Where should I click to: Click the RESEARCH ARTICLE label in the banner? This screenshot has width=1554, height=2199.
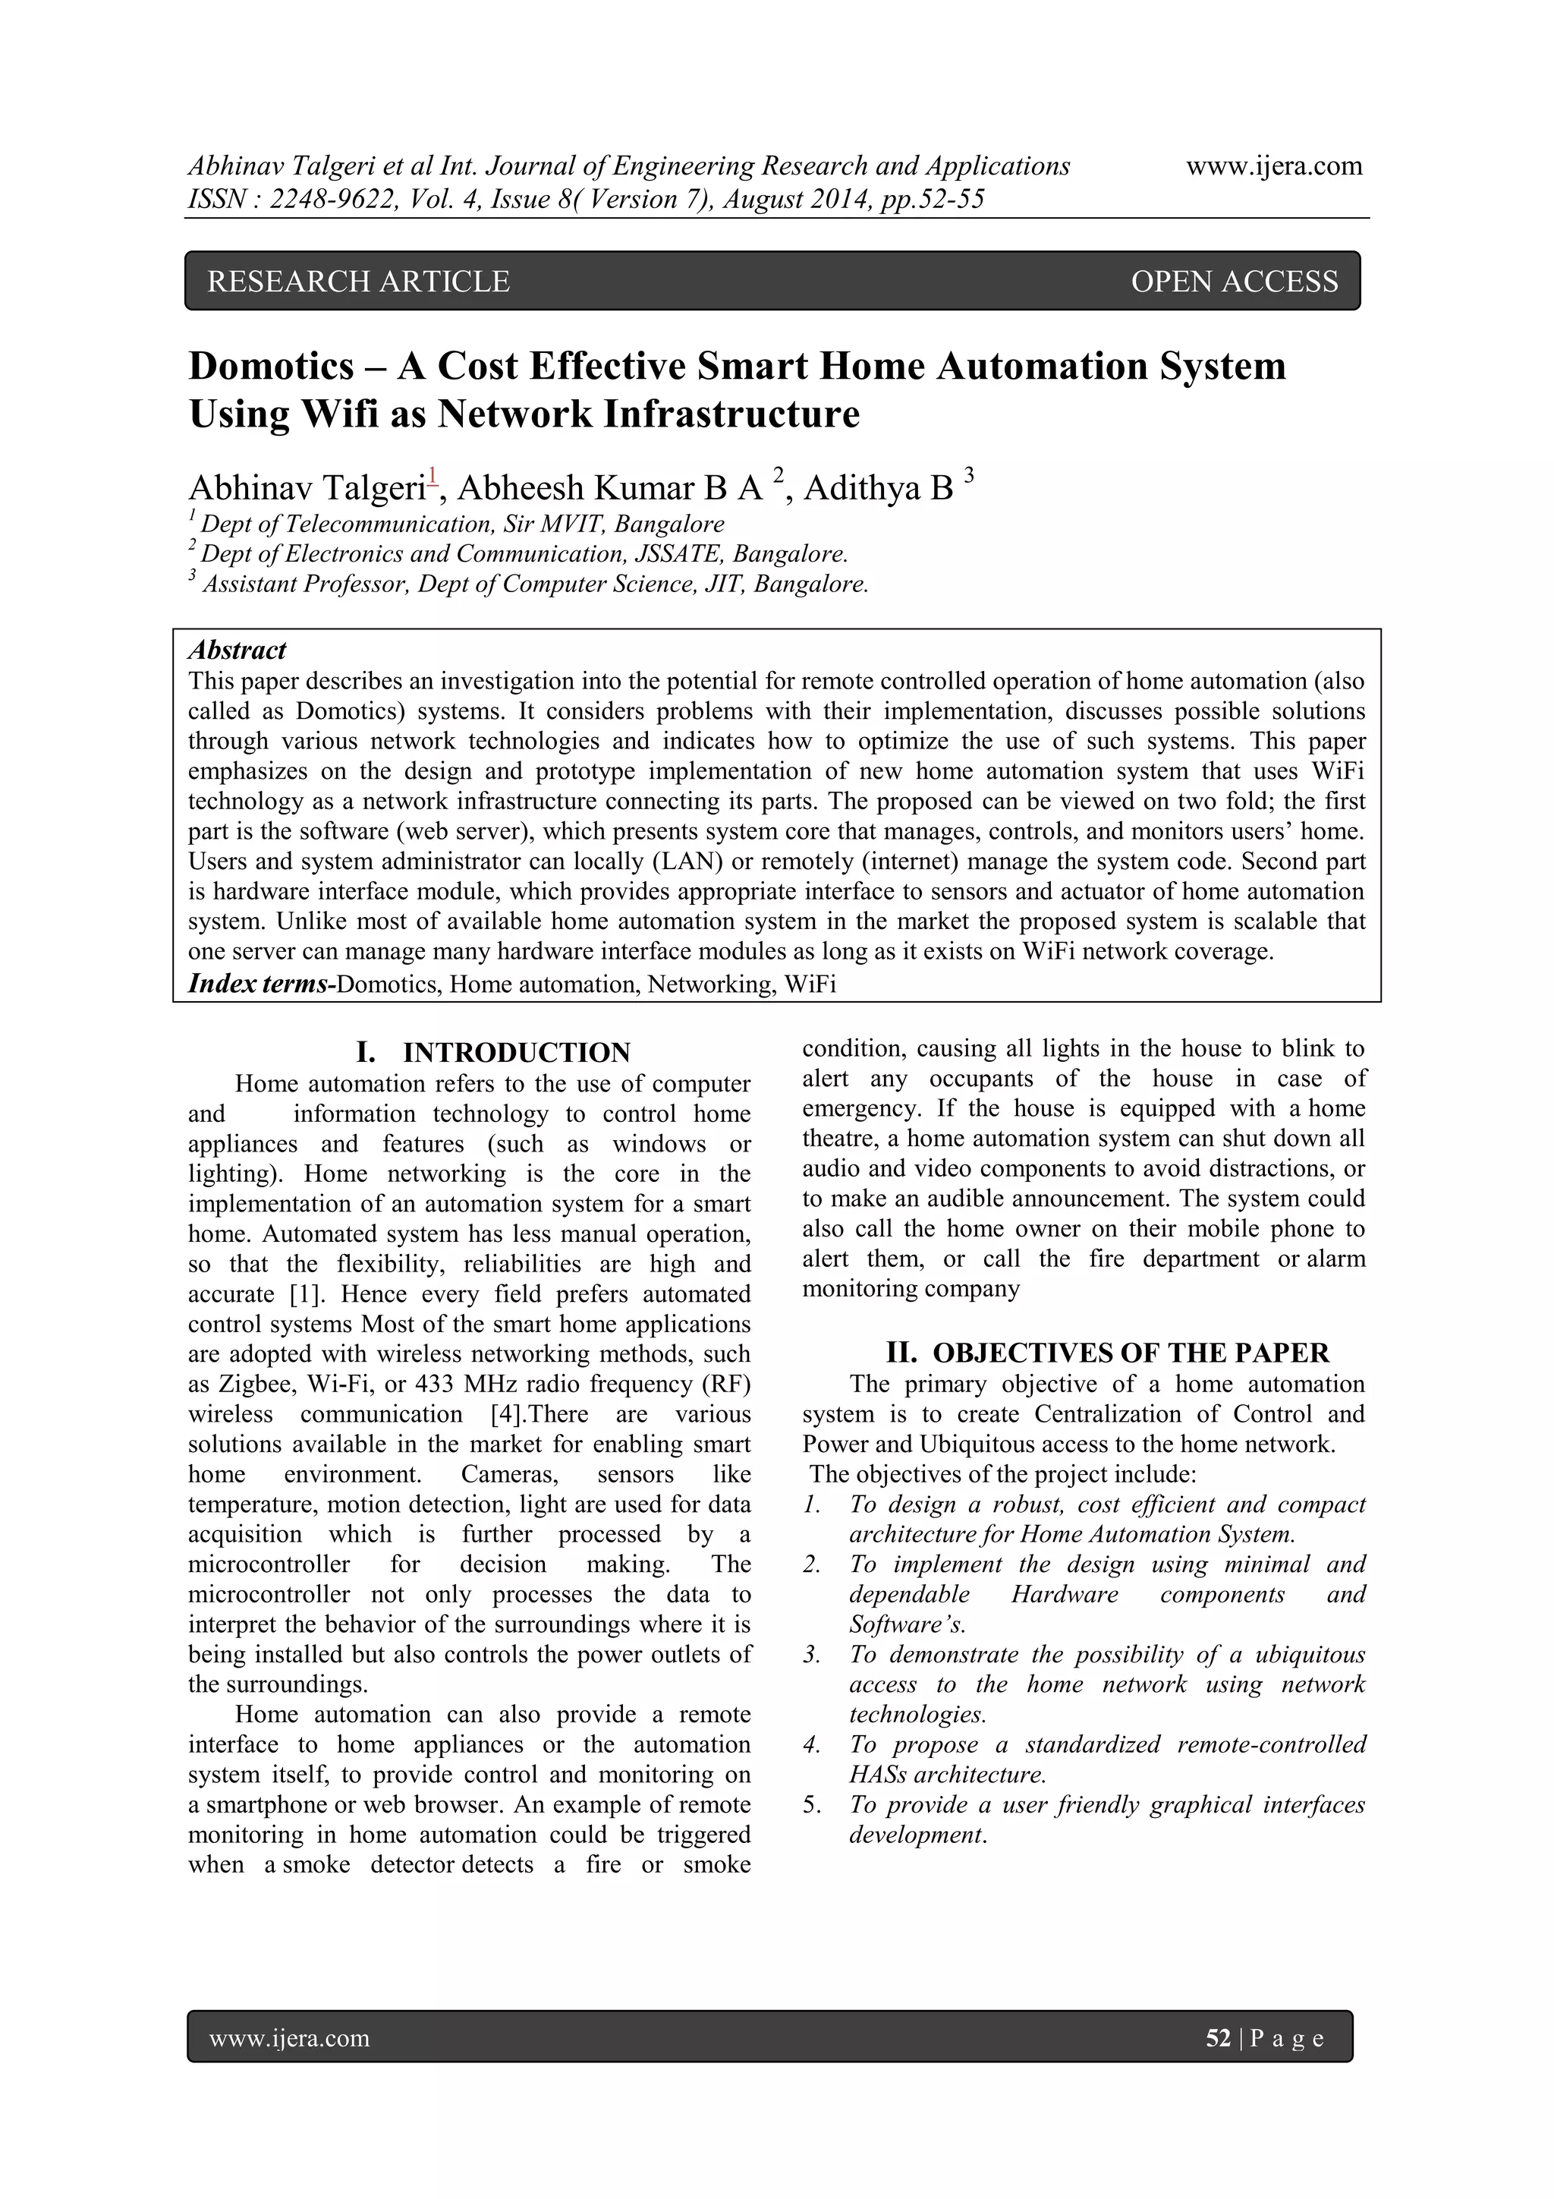point(358,281)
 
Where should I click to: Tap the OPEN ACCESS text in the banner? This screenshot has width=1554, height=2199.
point(1235,281)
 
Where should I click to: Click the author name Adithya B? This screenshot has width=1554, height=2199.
point(878,488)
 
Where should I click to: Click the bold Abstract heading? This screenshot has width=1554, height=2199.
point(237,651)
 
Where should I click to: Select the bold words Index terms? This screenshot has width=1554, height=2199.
point(256,984)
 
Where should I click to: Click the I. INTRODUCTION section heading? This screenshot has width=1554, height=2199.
point(493,1053)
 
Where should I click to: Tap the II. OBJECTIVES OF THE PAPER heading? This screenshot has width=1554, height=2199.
point(1107,1353)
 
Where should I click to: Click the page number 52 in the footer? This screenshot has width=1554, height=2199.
point(1218,2038)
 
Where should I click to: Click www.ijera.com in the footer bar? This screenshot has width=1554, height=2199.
point(289,2038)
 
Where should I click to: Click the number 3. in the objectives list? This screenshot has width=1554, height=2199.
point(812,1655)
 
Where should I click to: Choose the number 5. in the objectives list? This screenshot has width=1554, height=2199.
point(812,1805)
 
